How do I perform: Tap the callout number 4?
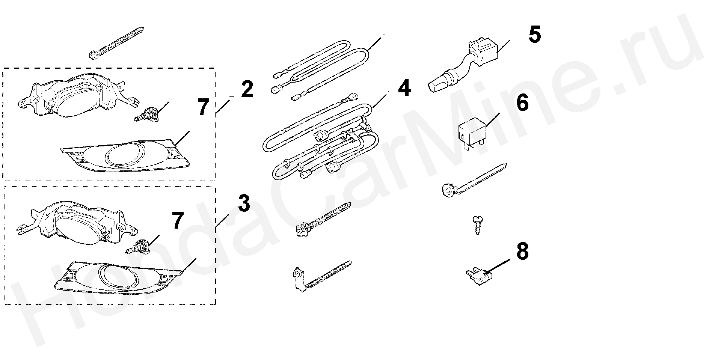coord(404,89)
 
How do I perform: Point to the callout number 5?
coord(534,35)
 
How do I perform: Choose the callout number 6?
coord(522,103)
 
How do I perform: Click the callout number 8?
coord(522,252)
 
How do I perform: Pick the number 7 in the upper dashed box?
coord(203,107)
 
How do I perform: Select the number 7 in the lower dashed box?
coord(178,220)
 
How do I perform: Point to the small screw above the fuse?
coord(477,225)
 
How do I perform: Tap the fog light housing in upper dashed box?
coord(71,96)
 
